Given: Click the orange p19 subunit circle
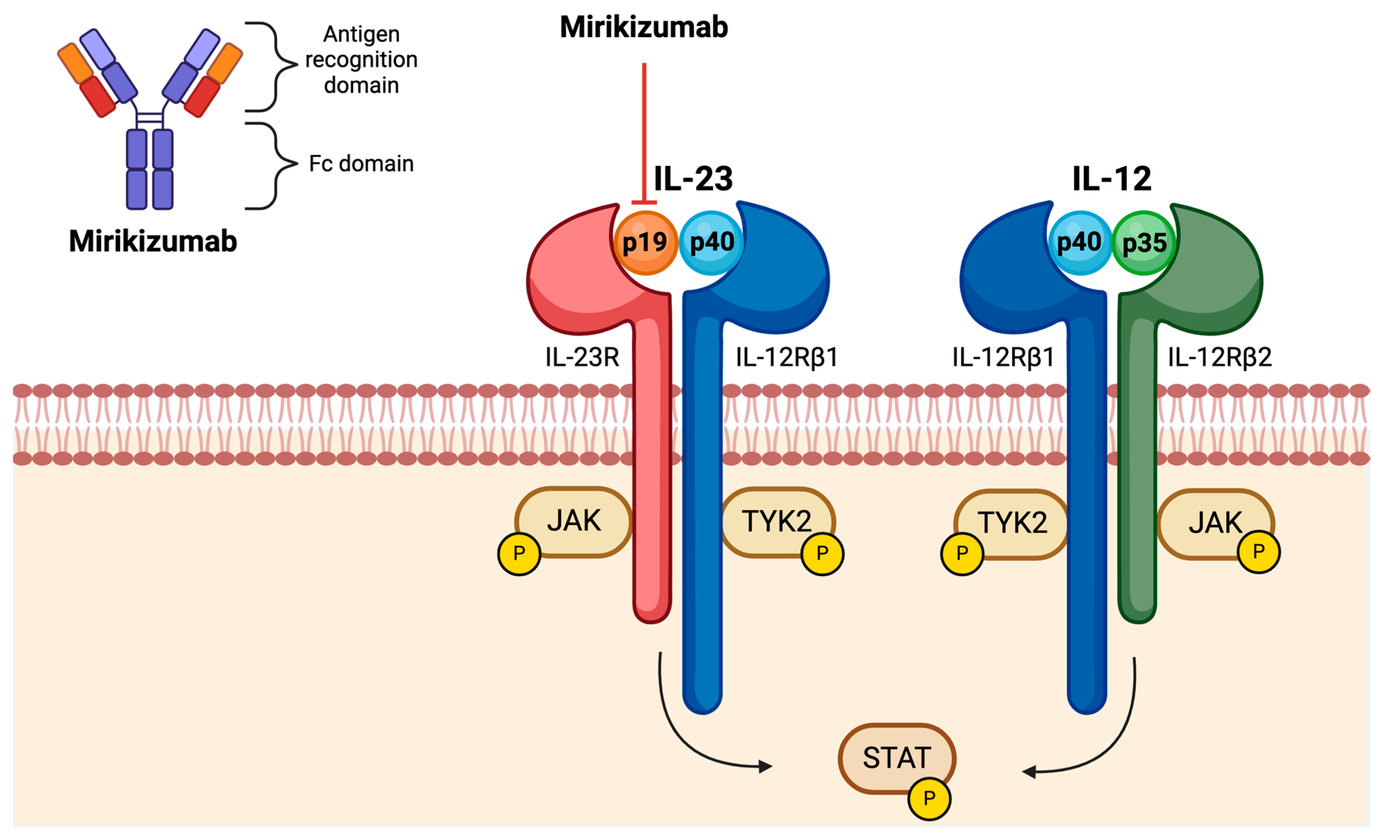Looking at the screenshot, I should tap(645, 243).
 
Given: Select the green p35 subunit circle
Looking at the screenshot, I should tap(1144, 243).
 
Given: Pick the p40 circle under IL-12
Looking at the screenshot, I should tap(1079, 243).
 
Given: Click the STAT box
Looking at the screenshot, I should tap(896, 758).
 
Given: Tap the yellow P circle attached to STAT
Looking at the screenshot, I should tap(929, 798).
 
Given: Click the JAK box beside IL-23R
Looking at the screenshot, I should tap(574, 521).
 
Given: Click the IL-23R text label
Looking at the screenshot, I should tap(582, 357).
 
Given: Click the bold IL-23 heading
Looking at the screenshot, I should tap(693, 179).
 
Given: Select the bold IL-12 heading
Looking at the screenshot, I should tap(1112, 179).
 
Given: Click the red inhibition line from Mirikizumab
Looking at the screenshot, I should tap(644, 134).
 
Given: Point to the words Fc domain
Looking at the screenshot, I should tap(361, 164).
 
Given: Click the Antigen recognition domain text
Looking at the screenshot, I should tap(361, 59).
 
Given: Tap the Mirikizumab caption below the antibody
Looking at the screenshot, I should tap(153, 241).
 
